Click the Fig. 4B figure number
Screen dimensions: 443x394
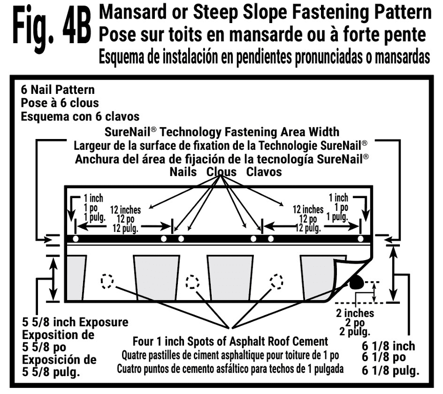52,29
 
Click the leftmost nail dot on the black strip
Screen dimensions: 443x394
75,239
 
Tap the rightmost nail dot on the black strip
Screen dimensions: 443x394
360,239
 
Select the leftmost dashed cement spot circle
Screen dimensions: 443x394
107,282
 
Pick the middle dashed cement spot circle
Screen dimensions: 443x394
192,282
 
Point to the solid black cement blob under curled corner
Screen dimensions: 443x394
356,282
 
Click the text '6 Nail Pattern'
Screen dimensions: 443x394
58,90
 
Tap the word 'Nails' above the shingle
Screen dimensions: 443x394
183,172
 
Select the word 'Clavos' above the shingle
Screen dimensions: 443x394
264,172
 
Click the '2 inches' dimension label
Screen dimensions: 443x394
355,313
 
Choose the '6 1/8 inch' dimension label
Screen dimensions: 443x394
389,346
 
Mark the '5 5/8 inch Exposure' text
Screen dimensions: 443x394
75,322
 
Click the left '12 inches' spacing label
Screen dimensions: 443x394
126,210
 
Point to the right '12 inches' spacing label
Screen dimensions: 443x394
308,209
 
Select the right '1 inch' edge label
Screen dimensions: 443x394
338,198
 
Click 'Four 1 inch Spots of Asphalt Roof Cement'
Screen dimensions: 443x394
230,342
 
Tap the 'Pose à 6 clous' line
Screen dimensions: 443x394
60,103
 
